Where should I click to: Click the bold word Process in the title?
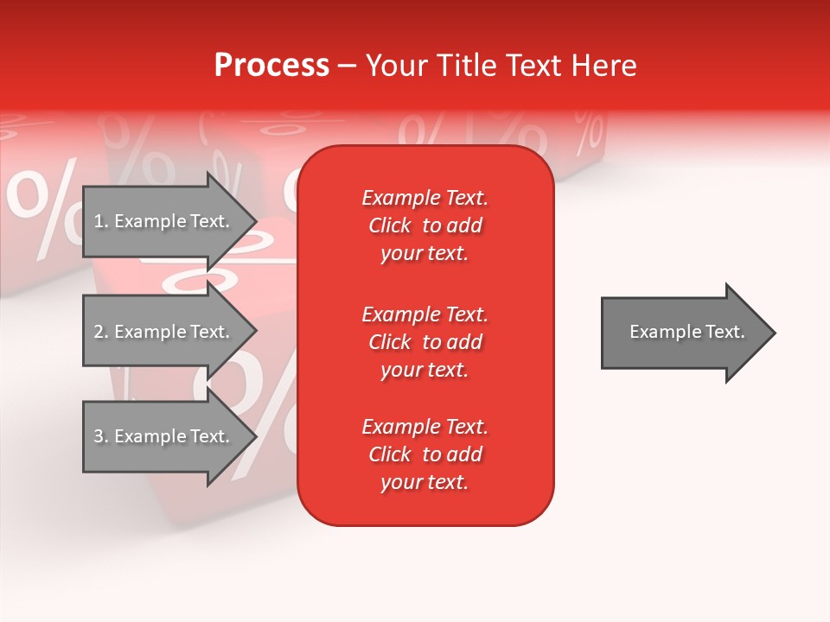click(271, 66)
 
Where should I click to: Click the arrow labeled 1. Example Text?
click(164, 221)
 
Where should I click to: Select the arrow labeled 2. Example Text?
click(164, 332)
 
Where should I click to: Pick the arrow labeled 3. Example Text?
click(164, 436)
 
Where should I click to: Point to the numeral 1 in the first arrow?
click(99, 221)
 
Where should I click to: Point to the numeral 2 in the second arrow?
click(99, 332)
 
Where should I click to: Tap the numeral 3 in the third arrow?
click(99, 436)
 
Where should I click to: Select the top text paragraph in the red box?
click(425, 225)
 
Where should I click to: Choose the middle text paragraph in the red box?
click(425, 342)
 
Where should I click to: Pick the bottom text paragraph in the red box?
click(425, 454)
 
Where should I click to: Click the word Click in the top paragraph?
click(390, 225)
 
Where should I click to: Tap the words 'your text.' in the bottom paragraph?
click(425, 482)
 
